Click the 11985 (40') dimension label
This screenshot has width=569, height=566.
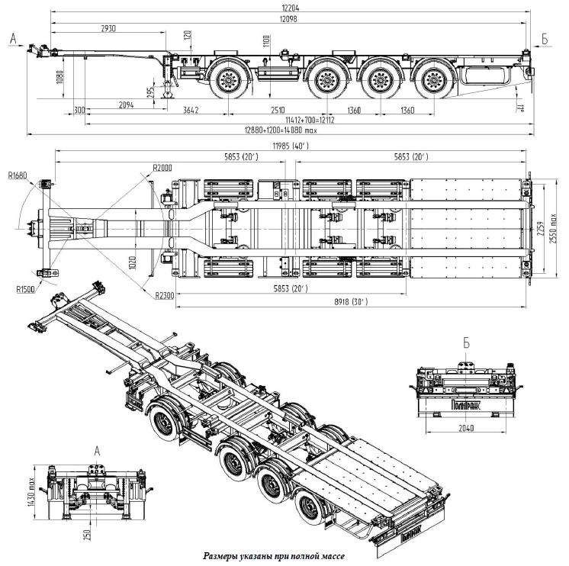[x=290, y=146]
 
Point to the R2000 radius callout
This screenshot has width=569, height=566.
[x=162, y=168]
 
